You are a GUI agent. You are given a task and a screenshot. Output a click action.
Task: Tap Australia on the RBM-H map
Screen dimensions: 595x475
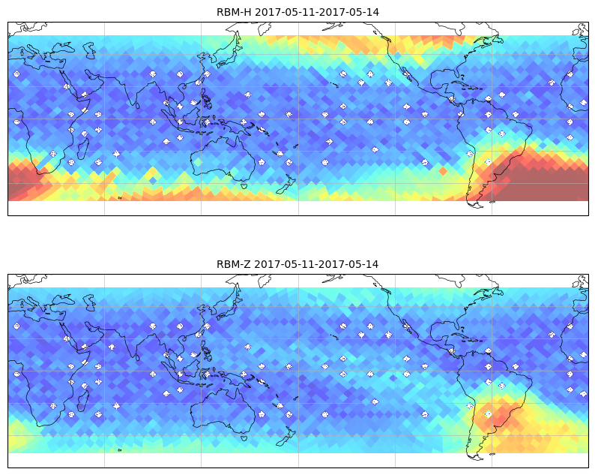coord(223,159)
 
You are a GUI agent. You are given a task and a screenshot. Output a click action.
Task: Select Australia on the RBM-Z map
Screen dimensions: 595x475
coord(223,410)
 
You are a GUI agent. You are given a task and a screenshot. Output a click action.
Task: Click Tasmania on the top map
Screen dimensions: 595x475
coord(244,186)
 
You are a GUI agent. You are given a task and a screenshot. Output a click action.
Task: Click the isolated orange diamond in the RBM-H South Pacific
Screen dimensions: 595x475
coord(443,171)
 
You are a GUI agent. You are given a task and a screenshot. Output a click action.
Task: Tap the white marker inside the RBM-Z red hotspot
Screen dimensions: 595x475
coord(488,414)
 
